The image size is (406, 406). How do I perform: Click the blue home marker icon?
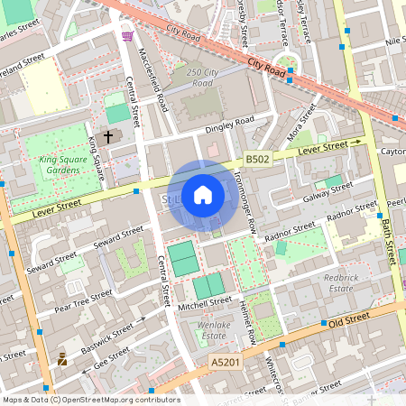pyautogui.click(x=202, y=195)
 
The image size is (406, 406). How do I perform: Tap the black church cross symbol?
pyautogui.click(x=109, y=137)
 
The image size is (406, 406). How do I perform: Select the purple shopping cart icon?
pyautogui.click(x=128, y=37)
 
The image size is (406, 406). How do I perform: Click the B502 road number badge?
pyautogui.click(x=258, y=159)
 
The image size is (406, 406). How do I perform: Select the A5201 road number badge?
pyautogui.click(x=226, y=362)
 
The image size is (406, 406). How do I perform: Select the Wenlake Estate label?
pyautogui.click(x=213, y=331)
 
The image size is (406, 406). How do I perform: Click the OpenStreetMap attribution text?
pyautogui.click(x=90, y=399)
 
